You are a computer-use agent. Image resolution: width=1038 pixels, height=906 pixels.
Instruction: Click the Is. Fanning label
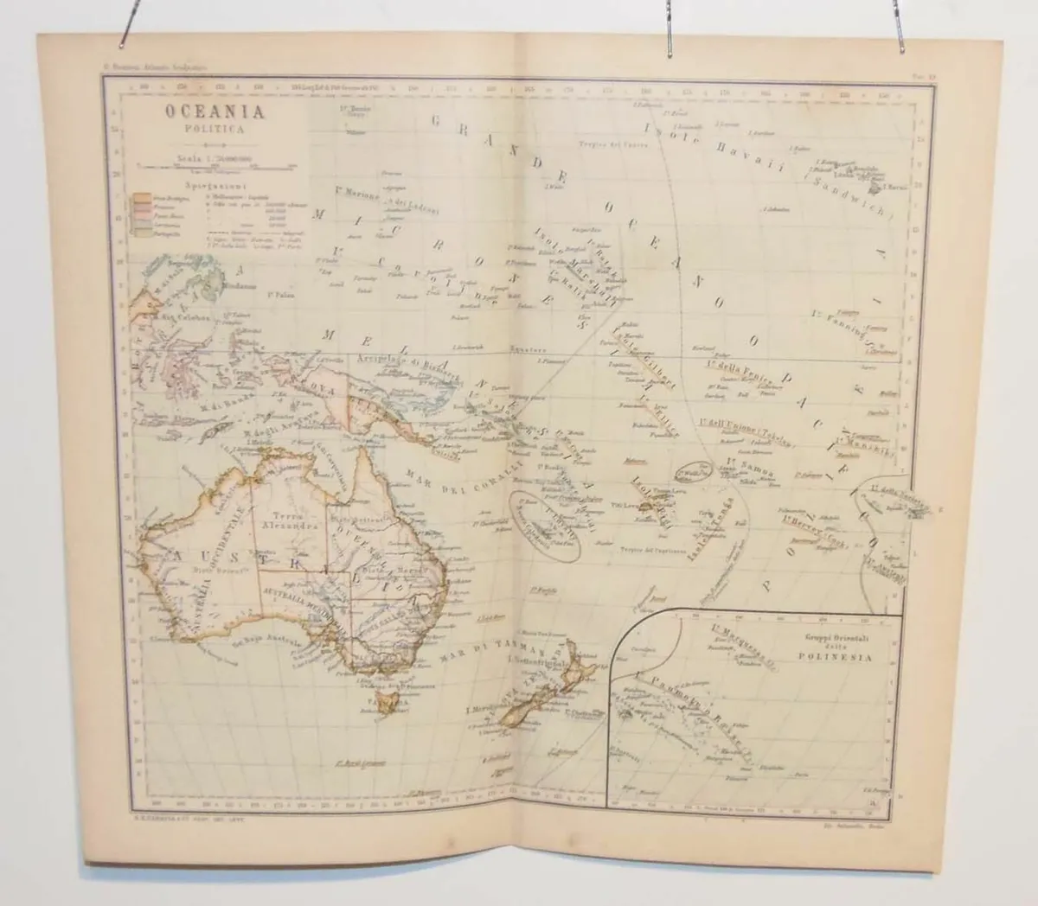[839, 317]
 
